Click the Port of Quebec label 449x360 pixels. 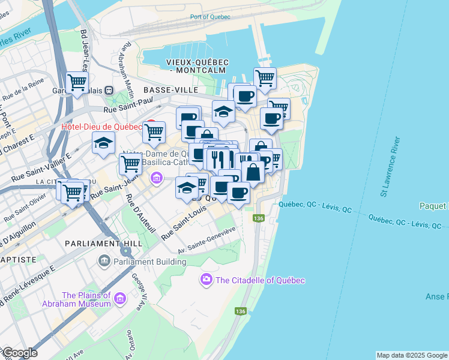(x=209, y=17)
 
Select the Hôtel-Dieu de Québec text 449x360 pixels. (x=101, y=127)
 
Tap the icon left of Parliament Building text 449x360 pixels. (x=104, y=261)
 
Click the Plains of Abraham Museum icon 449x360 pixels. (x=120, y=299)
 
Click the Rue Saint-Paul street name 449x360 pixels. (x=125, y=109)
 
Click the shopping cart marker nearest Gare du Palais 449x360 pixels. (x=77, y=82)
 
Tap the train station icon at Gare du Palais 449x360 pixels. (x=109, y=90)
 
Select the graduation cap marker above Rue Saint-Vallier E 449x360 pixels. (x=103, y=143)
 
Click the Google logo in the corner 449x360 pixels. (x=19, y=353)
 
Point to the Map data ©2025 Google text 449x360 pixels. (x=411, y=355)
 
